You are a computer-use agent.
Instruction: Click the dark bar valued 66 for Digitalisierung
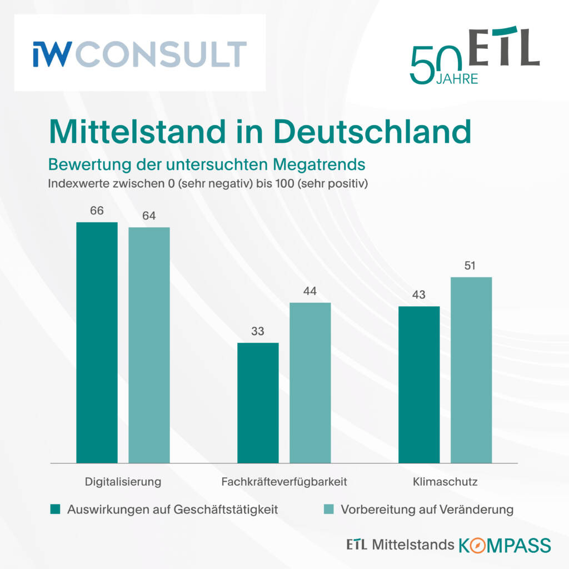coord(97,342)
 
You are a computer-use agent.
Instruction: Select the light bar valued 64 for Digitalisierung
coord(149,345)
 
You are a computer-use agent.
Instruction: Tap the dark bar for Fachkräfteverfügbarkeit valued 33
coord(258,402)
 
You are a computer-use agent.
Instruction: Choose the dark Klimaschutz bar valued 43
coord(419,384)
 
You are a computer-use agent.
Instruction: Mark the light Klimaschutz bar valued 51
coord(471,370)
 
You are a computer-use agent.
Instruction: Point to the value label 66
coord(97,211)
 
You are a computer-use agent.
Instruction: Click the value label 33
coord(258,331)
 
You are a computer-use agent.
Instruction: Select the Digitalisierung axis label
coord(123,482)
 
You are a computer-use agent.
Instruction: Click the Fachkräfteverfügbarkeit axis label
coord(284,482)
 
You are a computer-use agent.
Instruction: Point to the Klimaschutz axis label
coord(445,482)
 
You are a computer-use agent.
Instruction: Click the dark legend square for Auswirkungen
coord(55,510)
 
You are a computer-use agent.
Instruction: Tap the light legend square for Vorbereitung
coord(329,510)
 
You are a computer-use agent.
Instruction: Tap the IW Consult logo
coord(139,53)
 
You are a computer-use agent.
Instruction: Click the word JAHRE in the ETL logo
coord(457,79)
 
